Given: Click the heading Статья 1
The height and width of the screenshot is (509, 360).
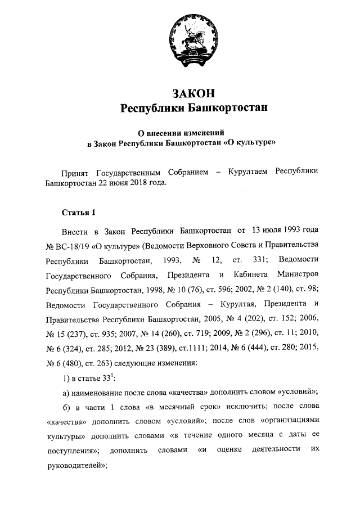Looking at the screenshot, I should [78, 212].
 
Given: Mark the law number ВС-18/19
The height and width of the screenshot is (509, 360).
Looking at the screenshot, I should [73, 246].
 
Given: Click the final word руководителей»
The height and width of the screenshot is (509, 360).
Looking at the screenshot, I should [75, 465].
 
